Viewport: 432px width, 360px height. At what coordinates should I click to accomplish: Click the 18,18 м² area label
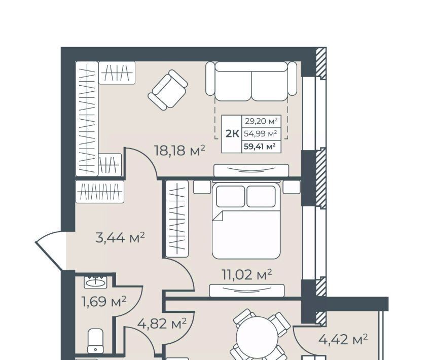click(180, 151)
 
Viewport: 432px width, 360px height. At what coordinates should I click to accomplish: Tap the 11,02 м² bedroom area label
click(247, 274)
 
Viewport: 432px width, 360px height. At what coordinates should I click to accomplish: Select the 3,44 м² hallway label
click(120, 237)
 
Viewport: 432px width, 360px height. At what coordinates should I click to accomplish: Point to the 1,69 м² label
click(104, 301)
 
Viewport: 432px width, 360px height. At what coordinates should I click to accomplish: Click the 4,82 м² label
click(162, 323)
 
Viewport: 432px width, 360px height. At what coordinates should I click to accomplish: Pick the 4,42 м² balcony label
click(343, 339)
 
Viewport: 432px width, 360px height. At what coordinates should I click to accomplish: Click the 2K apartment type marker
click(232, 134)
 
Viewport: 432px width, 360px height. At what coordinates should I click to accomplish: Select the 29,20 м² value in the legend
click(261, 121)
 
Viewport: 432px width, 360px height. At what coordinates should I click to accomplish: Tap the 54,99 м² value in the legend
click(260, 134)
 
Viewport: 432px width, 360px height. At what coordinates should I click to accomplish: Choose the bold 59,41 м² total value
click(260, 147)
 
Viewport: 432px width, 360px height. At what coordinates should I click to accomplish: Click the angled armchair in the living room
click(168, 90)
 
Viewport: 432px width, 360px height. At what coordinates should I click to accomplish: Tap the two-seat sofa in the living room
click(251, 81)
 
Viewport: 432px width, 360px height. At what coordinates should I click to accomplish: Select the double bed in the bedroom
click(246, 221)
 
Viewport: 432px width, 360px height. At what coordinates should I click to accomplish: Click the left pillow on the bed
click(231, 196)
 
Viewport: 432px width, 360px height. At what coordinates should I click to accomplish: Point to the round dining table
click(257, 337)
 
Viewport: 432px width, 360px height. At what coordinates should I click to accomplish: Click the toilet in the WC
click(95, 341)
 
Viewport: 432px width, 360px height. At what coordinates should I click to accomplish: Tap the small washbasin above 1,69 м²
click(95, 281)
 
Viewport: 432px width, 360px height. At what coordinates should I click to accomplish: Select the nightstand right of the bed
click(292, 187)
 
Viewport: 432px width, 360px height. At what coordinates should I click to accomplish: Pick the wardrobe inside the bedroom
click(177, 219)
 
